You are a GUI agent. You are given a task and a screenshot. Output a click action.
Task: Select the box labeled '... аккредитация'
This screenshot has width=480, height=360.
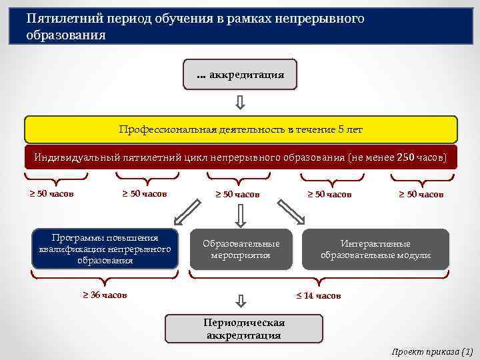[240, 75]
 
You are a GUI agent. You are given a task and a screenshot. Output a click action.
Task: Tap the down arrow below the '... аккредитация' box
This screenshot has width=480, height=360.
[241, 103]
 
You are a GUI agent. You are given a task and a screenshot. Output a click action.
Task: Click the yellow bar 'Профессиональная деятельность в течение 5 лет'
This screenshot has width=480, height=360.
[241, 129]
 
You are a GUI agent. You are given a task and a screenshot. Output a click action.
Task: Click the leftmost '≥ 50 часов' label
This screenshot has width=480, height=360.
[51, 194]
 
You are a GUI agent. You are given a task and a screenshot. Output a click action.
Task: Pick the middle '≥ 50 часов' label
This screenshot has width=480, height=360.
[237, 195]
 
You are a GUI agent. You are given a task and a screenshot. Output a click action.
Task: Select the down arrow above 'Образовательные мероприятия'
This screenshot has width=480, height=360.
[241, 215]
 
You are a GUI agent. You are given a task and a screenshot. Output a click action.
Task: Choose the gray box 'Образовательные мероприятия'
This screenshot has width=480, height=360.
[241, 249]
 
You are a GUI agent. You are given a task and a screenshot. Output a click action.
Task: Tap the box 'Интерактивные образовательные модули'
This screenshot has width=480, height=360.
[375, 249]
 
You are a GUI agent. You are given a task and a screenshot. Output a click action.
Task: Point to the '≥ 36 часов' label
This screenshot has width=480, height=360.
[105, 295]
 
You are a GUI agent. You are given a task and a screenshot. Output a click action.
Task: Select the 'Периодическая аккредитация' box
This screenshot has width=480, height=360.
[243, 329]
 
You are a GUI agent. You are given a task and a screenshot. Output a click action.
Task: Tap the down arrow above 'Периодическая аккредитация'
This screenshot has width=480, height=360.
[241, 301]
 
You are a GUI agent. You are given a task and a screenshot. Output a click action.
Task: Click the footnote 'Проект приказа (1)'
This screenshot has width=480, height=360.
[432, 351]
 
